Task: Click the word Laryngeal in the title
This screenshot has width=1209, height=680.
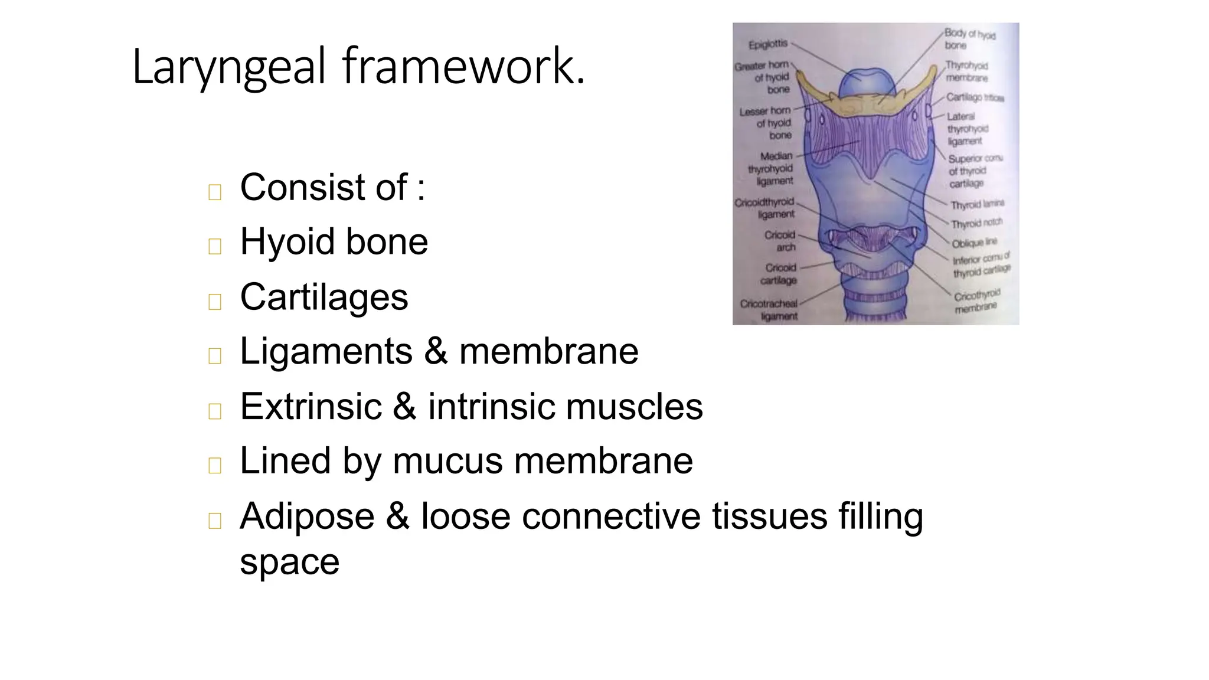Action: point(229,67)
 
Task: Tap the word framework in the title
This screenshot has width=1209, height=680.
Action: point(463,66)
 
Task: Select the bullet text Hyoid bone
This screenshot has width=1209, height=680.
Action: point(334,241)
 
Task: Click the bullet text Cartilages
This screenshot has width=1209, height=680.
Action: point(324,296)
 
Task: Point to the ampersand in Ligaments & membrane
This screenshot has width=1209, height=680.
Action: point(436,351)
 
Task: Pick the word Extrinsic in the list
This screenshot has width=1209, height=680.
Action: point(311,406)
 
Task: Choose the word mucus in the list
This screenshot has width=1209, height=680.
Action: point(447,460)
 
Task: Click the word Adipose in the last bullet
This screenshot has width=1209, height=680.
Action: point(307,516)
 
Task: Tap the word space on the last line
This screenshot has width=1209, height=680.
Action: point(289,561)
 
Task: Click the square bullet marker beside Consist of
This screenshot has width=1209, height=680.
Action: point(215,192)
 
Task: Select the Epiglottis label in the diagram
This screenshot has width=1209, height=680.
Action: point(767,44)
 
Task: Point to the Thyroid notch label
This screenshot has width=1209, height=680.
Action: point(976,224)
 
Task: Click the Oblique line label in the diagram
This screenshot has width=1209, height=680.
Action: point(974,243)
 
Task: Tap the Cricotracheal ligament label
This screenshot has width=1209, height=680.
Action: point(769,310)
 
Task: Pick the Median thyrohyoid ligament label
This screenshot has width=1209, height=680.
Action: point(771,168)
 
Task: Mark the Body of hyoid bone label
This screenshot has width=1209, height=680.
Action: point(969,40)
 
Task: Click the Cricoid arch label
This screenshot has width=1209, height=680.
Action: point(780,241)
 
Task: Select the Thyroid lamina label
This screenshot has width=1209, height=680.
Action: point(977,204)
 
